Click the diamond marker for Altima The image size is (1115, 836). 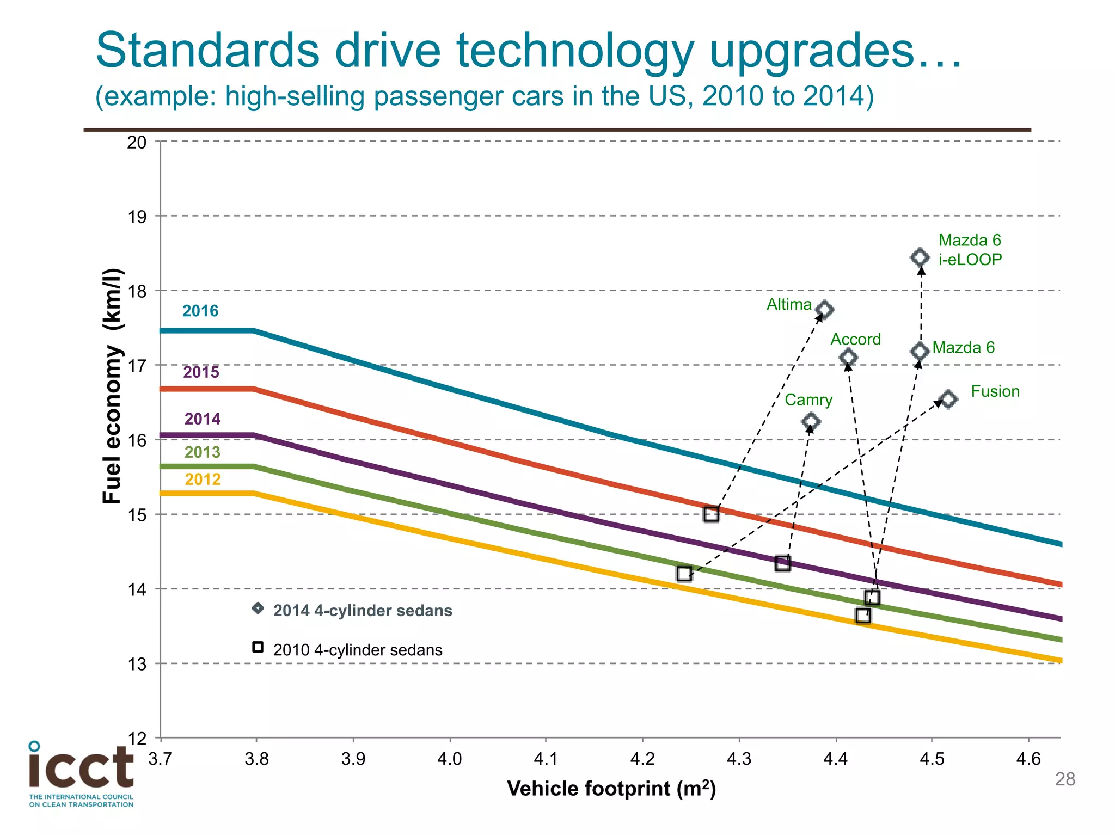tap(825, 310)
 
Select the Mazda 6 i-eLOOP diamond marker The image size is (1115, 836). tap(920, 257)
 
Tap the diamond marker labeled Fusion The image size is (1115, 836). tap(948, 399)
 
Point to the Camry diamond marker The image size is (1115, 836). tap(811, 421)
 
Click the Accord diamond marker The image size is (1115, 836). tap(848, 358)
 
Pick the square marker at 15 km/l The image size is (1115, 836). tap(711, 514)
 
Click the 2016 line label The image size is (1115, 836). tap(200, 311)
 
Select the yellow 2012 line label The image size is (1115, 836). tap(203, 480)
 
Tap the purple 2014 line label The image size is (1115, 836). tap(203, 419)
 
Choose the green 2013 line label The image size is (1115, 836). tap(203, 452)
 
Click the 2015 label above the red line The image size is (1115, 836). tap(201, 372)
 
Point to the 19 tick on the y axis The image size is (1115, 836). tap(137, 217)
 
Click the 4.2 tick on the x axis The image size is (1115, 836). tap(642, 759)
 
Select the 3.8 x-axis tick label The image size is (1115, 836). tap(256, 759)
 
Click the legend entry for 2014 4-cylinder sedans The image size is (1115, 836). tap(362, 611)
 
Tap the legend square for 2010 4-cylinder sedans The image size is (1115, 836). tap(258, 647)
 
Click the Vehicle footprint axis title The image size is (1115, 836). tap(611, 789)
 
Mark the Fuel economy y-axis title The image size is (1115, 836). tap(112, 386)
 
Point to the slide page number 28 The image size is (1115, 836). tap(1065, 779)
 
